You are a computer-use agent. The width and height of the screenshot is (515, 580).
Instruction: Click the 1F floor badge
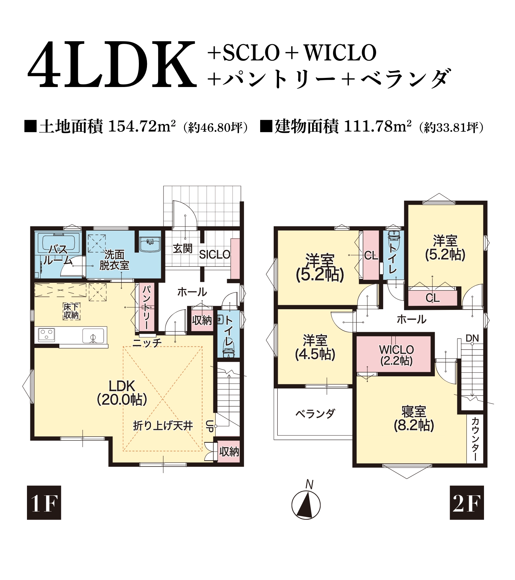tap(44, 502)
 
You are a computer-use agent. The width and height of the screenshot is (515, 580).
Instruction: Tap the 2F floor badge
tap(467, 502)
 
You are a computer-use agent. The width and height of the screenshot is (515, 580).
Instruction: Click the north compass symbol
tap(306, 504)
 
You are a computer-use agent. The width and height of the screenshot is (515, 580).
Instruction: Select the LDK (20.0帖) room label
tap(122, 393)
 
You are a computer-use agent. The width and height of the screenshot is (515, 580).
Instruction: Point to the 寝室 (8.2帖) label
tap(414, 419)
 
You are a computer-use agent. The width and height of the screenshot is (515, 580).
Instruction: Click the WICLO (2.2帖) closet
tap(396, 355)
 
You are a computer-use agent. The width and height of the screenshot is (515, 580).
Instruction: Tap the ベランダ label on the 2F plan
tap(315, 414)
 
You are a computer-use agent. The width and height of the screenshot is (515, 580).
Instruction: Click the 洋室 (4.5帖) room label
tap(315, 347)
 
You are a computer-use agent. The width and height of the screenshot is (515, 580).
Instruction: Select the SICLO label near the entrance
tap(214, 255)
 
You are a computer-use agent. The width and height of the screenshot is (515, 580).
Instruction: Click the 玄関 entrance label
tap(183, 249)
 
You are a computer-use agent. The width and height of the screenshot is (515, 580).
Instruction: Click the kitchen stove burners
tap(46, 335)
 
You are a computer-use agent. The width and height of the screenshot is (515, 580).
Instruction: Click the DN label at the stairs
tap(472, 338)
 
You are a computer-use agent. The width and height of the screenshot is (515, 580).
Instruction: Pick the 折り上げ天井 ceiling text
tap(163, 426)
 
